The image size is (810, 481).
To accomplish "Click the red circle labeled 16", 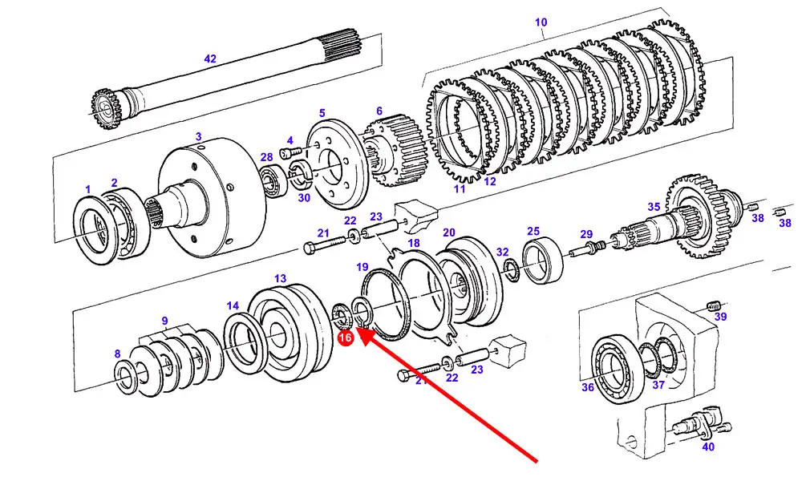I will [345, 339].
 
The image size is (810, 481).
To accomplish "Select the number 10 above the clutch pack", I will [541, 22].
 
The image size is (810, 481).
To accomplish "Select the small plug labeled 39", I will [714, 305].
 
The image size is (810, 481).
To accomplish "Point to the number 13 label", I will [280, 278].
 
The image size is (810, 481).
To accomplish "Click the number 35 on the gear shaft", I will [654, 207].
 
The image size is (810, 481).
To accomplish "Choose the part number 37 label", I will [658, 385].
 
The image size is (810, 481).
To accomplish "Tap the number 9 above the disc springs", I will [164, 321].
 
